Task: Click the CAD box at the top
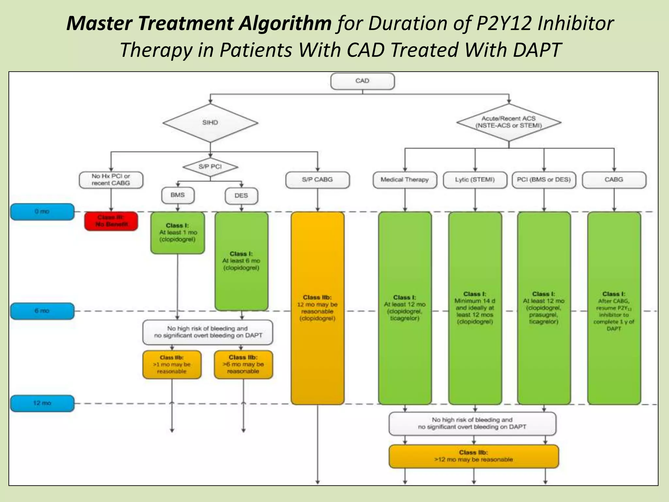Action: [x=362, y=81]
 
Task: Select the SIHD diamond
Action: [x=210, y=123]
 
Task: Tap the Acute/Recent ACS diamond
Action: [x=509, y=122]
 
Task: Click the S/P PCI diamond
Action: [x=210, y=167]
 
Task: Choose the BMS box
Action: [x=178, y=195]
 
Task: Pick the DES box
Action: [x=241, y=196]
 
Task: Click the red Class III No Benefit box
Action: [x=111, y=221]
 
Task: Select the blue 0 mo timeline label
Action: [x=42, y=212]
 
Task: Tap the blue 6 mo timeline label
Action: [x=42, y=311]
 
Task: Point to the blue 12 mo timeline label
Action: [x=42, y=403]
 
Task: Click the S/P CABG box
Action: [x=317, y=180]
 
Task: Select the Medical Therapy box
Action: [x=404, y=180]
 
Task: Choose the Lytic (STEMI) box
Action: [x=475, y=180]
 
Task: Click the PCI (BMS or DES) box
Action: [x=544, y=180]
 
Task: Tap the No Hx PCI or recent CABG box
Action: [x=111, y=180]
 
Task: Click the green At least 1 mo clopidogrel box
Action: [x=177, y=233]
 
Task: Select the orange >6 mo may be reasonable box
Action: [x=243, y=364]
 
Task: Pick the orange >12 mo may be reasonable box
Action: [x=473, y=456]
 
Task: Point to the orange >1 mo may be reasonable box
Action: [x=172, y=364]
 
